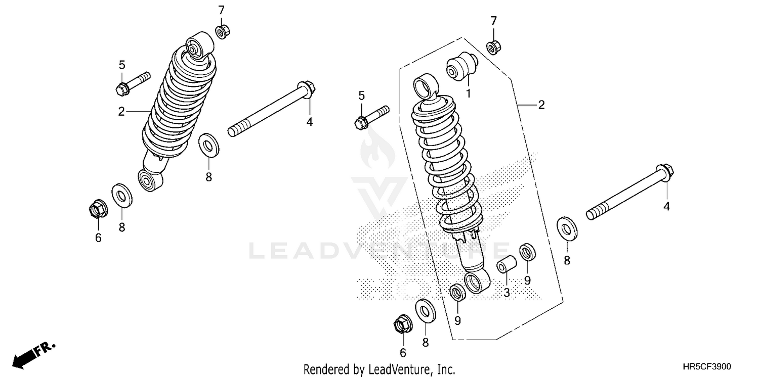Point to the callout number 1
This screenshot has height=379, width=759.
pyautogui.click(x=469, y=93)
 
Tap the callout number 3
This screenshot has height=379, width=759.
pyautogui.click(x=507, y=292)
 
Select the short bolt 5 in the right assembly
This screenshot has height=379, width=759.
pyautogui.click(x=372, y=116)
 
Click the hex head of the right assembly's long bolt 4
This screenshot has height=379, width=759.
pyautogui.click(x=663, y=171)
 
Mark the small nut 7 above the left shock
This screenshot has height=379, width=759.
pyautogui.click(x=221, y=32)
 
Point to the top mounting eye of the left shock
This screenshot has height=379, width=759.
pyautogui.click(x=199, y=44)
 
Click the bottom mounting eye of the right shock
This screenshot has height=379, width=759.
pyautogui.click(x=477, y=282)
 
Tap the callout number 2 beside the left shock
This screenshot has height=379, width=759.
pyautogui.click(x=121, y=112)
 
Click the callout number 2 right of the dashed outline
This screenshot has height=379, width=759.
pyautogui.click(x=541, y=105)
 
